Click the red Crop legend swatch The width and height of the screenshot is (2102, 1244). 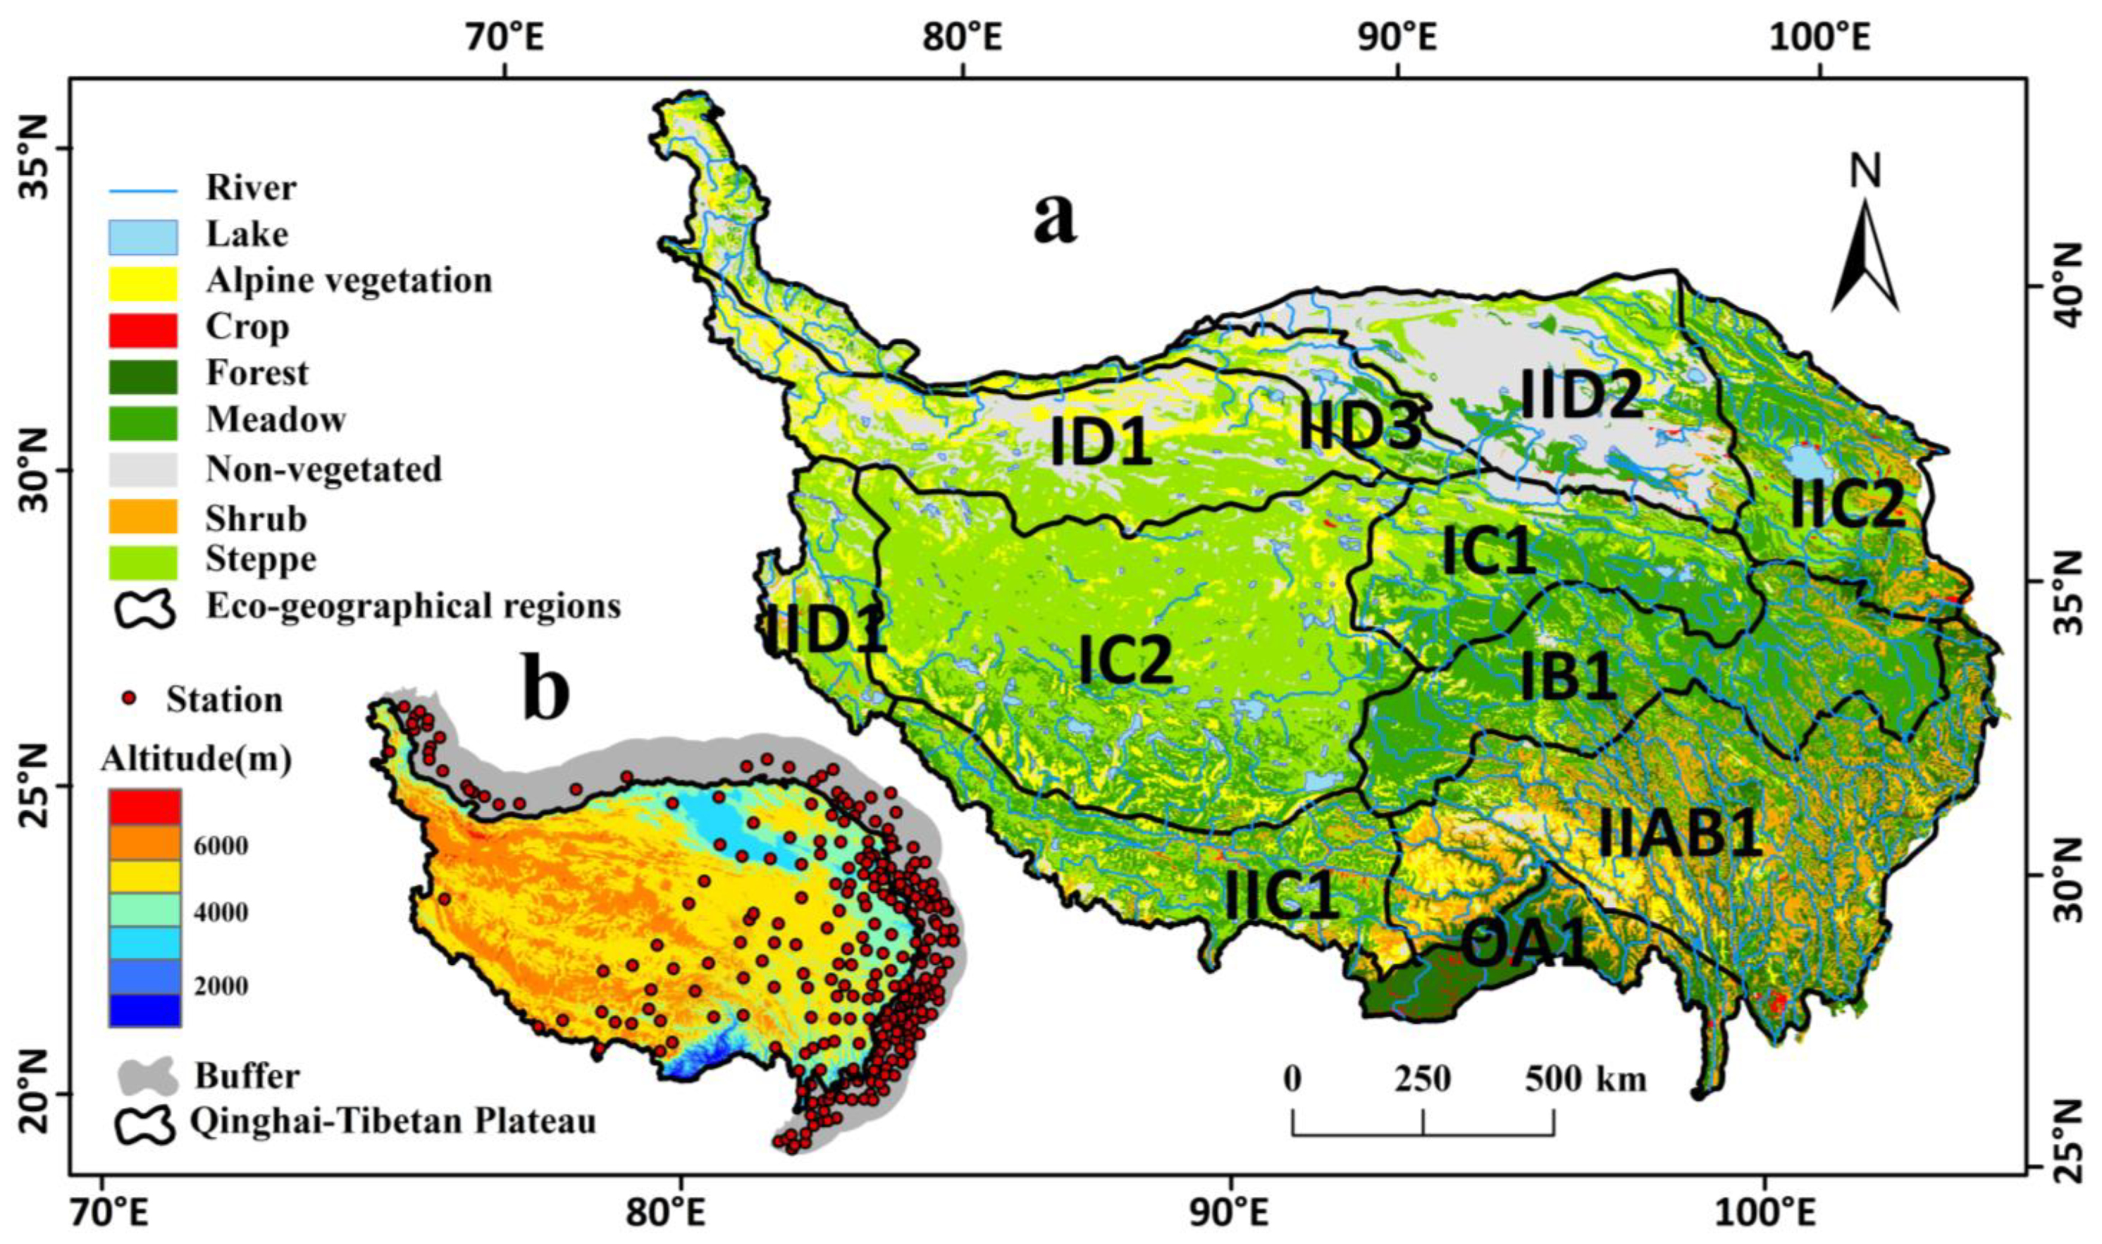143,329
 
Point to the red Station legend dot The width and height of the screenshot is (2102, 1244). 128,697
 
